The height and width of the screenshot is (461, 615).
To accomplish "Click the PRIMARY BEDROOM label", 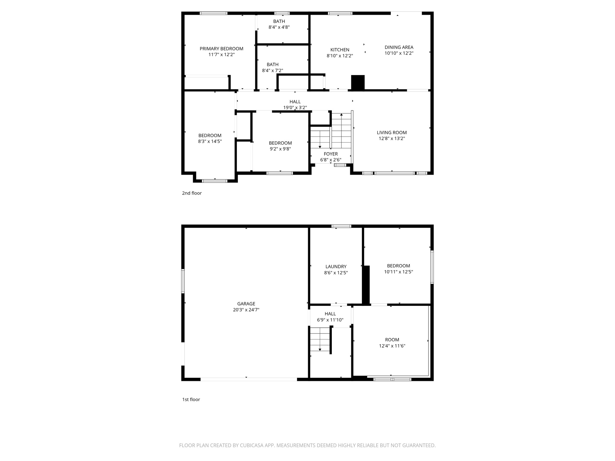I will pyautogui.click(x=221, y=49).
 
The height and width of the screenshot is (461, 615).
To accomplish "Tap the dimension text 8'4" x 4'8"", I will pyautogui.click(x=279, y=27).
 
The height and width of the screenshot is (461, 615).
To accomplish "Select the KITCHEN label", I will pyautogui.click(x=340, y=50).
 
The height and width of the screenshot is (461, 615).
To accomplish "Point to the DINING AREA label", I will pyautogui.click(x=399, y=47).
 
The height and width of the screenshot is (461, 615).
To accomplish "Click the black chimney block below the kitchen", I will pyautogui.click(x=358, y=83).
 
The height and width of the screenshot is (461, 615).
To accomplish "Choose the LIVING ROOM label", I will pyautogui.click(x=392, y=133).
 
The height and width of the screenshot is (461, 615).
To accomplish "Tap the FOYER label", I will pyautogui.click(x=331, y=154).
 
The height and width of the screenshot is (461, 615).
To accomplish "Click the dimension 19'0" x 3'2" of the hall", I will pyautogui.click(x=295, y=107).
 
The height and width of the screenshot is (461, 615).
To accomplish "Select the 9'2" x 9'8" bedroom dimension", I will pyautogui.click(x=280, y=149).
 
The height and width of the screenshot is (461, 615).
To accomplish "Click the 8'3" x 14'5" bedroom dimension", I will pyautogui.click(x=210, y=141).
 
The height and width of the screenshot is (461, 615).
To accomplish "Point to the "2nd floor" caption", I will pyautogui.click(x=192, y=193).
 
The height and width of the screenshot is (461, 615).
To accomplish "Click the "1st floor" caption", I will pyautogui.click(x=191, y=399).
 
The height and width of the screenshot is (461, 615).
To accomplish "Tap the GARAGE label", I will pyautogui.click(x=246, y=304).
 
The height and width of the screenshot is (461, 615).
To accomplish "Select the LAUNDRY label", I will pyautogui.click(x=336, y=267).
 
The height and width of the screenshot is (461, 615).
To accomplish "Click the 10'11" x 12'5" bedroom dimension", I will pyautogui.click(x=398, y=272).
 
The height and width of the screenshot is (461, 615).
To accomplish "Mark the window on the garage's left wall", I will pyautogui.click(x=183, y=281).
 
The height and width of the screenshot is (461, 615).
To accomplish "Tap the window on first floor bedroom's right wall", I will pyautogui.click(x=432, y=267).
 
